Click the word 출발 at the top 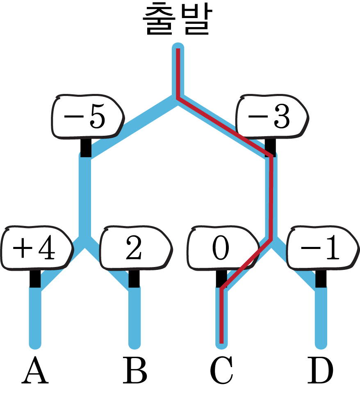178,19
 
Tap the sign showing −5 88,116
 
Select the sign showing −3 272,116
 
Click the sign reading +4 37,248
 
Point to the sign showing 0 223,248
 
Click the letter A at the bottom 35,370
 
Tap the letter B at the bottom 134,370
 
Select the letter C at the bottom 221,370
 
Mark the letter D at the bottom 321,370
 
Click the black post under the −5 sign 85,148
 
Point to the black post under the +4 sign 35,279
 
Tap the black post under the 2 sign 134,279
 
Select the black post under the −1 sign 321,279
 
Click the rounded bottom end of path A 35,346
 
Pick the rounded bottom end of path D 321,346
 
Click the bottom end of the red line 221,343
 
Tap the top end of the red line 178,49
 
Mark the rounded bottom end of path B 134,346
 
